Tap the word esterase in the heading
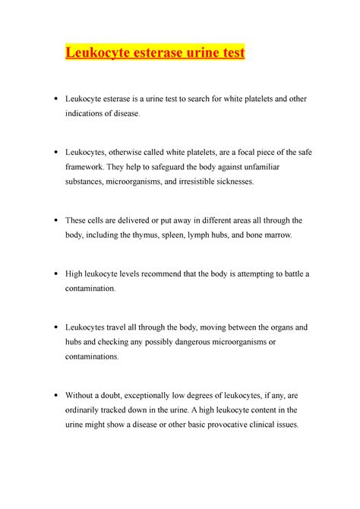(150, 54)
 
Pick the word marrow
(286, 235)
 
